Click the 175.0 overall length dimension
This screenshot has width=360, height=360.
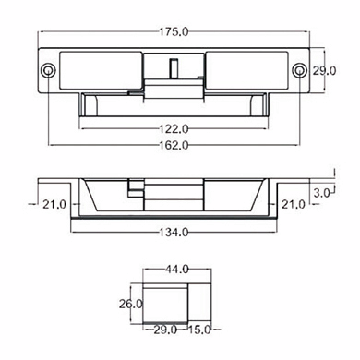(x=174, y=31)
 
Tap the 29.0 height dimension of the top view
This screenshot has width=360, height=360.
(x=324, y=71)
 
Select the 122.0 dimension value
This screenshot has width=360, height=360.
(x=174, y=128)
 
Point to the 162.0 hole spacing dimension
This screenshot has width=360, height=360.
(x=174, y=145)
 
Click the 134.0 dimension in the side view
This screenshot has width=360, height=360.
(x=174, y=232)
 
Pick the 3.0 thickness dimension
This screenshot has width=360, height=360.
(x=321, y=193)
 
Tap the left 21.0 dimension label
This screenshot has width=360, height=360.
(x=54, y=204)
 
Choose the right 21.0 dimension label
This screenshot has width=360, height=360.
(x=294, y=204)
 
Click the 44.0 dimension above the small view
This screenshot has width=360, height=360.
(x=177, y=270)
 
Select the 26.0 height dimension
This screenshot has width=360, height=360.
(x=131, y=305)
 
